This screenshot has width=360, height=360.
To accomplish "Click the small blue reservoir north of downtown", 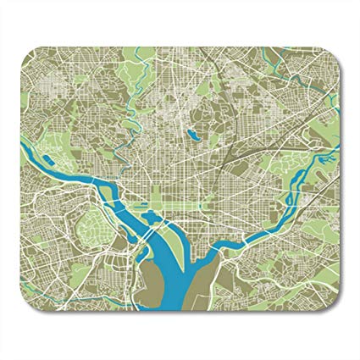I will point(194,133).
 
